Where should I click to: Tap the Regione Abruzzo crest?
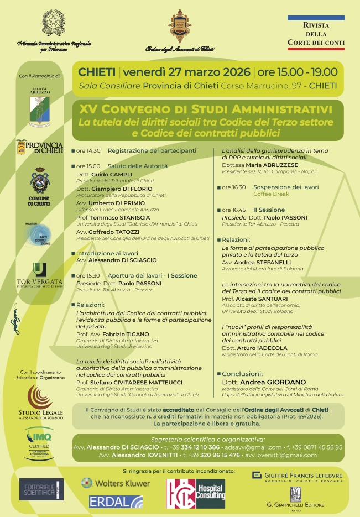pyautogui.click(x=40, y=105)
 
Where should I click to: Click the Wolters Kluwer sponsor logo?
pyautogui.click(x=116, y=483)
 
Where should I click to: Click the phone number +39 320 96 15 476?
pyautogui.click(x=211, y=455)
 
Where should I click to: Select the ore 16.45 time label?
pyautogui.click(x=234, y=210)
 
